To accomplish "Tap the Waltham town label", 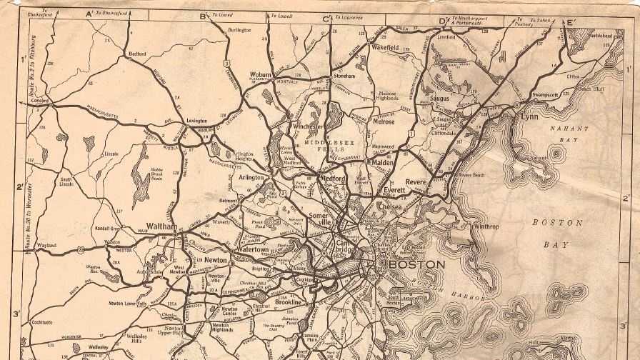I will click(162, 226).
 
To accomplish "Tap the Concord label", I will click(39, 101).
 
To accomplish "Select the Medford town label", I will click(332, 179).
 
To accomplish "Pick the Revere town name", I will click(416, 182).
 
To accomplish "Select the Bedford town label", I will click(136, 54).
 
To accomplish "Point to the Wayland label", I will click(46, 244).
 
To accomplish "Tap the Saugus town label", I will click(439, 99).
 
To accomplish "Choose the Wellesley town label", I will click(99, 347).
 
